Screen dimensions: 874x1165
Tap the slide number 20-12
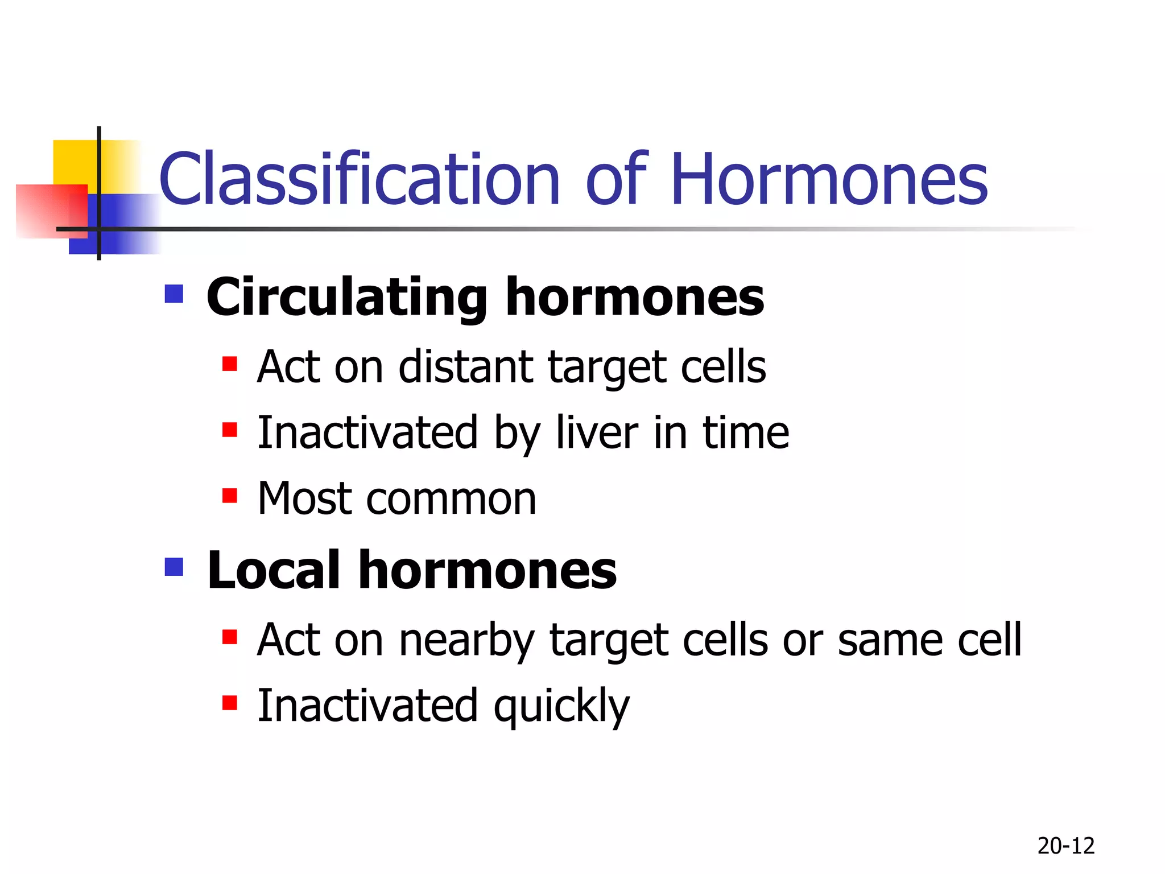[x=1065, y=846]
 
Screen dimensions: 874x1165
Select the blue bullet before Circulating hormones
[x=173, y=294]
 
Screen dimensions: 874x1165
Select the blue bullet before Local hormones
[x=173, y=567]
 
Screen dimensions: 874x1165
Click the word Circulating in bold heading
[x=346, y=298]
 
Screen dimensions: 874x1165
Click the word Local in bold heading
[x=273, y=570]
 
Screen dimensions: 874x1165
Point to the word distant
[x=465, y=367]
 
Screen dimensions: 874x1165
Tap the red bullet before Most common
[x=229, y=496]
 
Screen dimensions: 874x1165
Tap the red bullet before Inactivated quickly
[x=229, y=703]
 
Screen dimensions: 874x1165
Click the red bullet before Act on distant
[x=229, y=364]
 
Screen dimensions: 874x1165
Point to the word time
[x=746, y=433]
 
